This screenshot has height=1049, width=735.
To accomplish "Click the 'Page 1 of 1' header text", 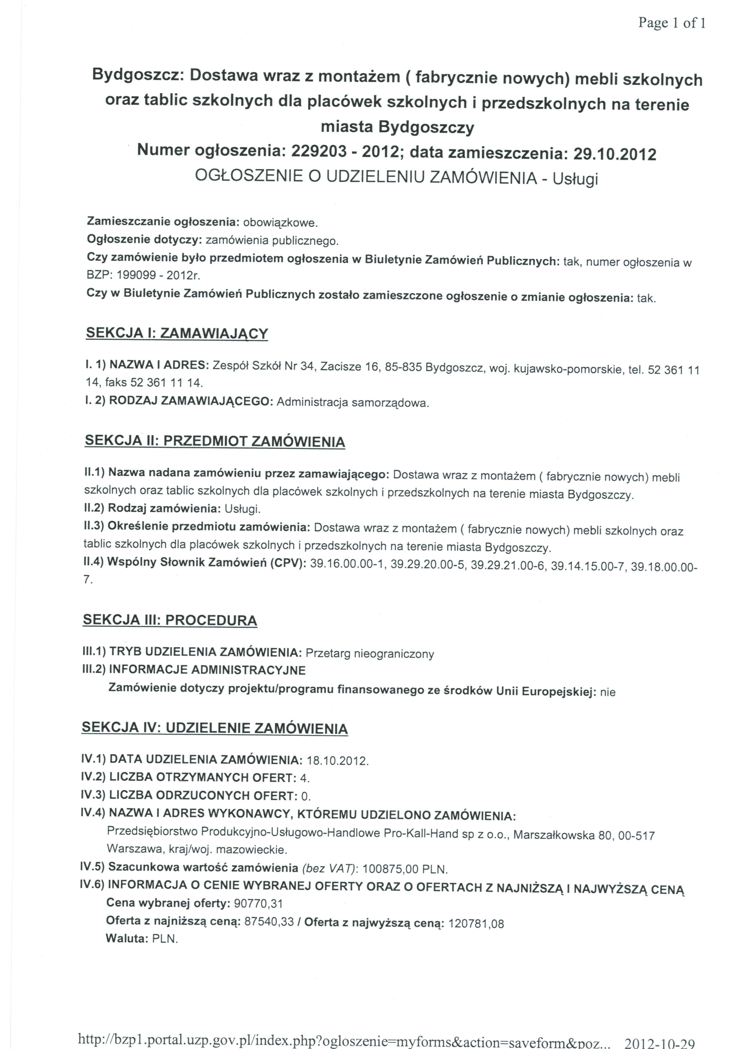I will (672, 23).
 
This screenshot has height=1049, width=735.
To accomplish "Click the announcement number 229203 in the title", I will (319, 151).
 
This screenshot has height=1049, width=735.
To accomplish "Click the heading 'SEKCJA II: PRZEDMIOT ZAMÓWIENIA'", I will (215, 441).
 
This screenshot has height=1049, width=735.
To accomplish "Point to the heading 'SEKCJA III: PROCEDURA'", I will (170, 620).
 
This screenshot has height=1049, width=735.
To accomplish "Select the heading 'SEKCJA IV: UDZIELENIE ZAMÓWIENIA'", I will (215, 728).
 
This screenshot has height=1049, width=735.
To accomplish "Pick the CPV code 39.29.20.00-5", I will (427, 564).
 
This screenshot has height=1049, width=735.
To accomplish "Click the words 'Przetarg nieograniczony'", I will (369, 654).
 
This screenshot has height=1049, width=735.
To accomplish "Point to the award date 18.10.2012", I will (337, 761).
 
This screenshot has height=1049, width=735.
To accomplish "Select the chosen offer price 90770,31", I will (258, 903).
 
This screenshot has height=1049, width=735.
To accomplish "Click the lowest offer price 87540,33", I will (269, 921).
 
